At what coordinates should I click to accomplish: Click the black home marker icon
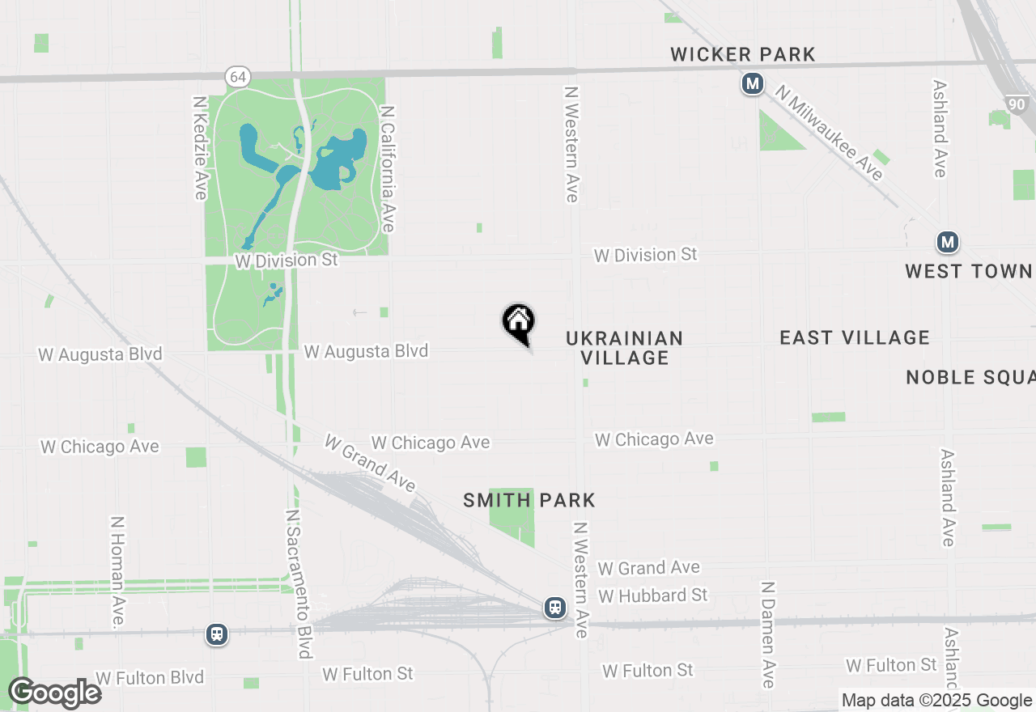[x=519, y=321]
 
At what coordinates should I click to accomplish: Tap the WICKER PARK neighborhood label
[x=743, y=54]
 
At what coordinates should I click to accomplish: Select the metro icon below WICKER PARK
[x=753, y=83]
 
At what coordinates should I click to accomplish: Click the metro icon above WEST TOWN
[x=947, y=242]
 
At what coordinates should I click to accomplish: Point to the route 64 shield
[x=238, y=77]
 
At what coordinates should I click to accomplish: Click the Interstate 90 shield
[x=1017, y=104]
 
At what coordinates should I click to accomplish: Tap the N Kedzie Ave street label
[x=200, y=148]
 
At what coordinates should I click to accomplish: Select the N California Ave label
[x=388, y=169]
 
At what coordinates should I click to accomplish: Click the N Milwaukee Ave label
[x=829, y=133]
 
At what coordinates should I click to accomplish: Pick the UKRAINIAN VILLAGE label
[x=625, y=348]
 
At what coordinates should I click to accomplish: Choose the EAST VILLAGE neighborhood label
[x=855, y=337]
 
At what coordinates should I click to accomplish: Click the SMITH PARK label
[x=529, y=500]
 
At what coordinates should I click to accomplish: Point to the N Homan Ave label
[x=117, y=572]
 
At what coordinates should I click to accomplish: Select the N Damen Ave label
[x=768, y=634]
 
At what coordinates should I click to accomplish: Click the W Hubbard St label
[x=653, y=595]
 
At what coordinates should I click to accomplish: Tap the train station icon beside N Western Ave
[x=554, y=607]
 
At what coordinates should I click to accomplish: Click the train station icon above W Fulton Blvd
[x=216, y=634]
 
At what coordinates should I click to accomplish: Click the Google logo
[x=54, y=693]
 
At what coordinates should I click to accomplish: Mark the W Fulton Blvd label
[x=150, y=677]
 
